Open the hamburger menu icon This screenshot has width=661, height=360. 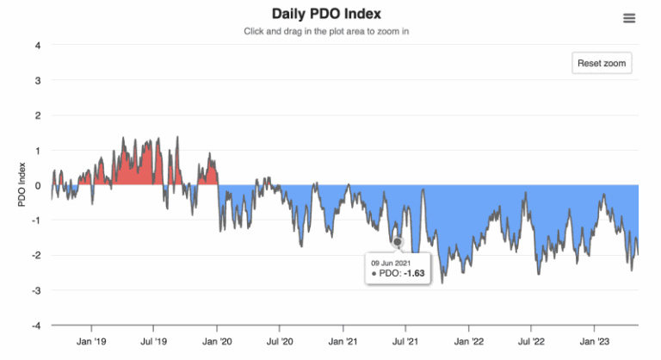pos(629,18)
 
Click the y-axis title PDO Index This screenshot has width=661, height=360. pos(23,185)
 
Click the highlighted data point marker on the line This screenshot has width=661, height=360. pos(398,242)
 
